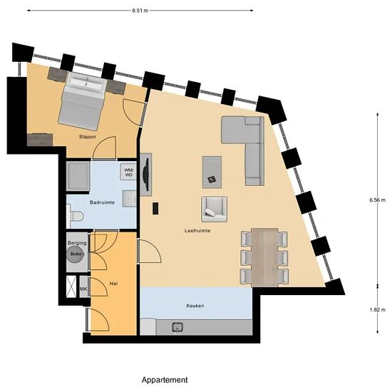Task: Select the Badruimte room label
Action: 102,202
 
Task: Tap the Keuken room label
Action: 195,305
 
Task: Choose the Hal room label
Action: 113,283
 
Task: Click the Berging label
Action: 77,243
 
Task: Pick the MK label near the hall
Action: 83,289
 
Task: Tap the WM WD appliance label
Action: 129,172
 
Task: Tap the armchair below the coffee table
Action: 215,207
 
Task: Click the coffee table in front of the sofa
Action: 212,170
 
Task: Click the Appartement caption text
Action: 165,380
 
